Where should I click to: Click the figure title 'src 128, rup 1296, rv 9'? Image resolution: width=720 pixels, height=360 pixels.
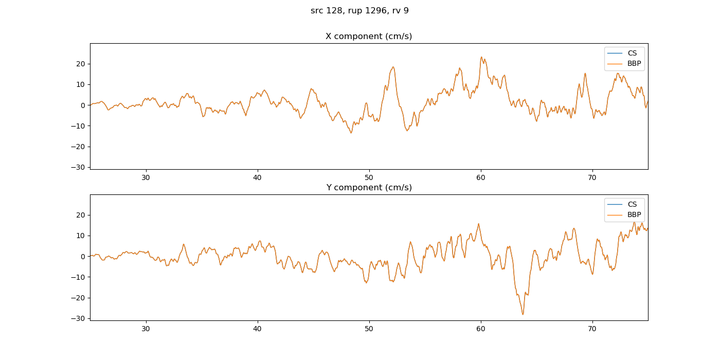359,11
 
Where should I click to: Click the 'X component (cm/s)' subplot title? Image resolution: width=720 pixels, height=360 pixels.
369,37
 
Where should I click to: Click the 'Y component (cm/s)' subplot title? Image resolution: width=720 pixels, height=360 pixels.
369,188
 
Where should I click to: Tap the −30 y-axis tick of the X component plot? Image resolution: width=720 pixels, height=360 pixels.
80,167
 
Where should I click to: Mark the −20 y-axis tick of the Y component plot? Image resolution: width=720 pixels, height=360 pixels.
80,298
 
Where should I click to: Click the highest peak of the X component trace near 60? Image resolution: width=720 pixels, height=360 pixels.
481,57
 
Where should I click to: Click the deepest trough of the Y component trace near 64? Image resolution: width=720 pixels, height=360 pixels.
523,314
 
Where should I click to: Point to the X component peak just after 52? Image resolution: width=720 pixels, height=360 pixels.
393,67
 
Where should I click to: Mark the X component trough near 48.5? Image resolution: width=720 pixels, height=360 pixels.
351,133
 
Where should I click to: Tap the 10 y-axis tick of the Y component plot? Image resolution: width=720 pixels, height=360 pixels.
82,236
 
